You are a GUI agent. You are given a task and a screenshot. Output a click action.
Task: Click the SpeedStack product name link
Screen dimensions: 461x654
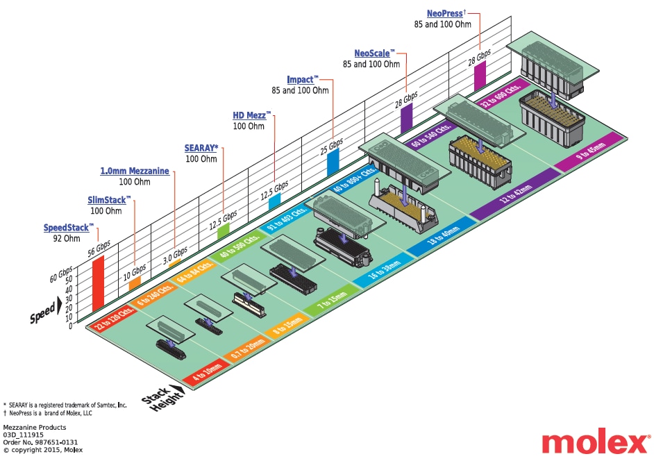pyautogui.click(x=67, y=227)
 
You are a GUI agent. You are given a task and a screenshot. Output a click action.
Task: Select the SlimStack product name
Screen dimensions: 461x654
pyautogui.click(x=108, y=200)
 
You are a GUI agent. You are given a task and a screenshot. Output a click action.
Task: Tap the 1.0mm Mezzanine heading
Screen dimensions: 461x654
pyautogui.click(x=135, y=171)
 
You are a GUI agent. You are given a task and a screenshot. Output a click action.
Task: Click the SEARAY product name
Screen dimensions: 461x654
pyautogui.click(x=201, y=148)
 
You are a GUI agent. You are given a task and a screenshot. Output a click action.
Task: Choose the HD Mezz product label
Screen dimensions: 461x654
pyautogui.click(x=251, y=115)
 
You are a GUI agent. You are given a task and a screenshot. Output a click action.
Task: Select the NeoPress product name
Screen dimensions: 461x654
pyautogui.click(x=444, y=12)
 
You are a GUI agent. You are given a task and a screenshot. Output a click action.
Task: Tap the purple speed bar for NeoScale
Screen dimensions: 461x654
pyautogui.click(x=406, y=121)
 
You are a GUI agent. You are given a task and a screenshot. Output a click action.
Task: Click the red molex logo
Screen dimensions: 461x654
pyautogui.click(x=594, y=442)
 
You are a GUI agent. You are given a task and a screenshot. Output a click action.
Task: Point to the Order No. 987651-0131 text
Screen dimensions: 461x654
pyautogui.click(x=40, y=442)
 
